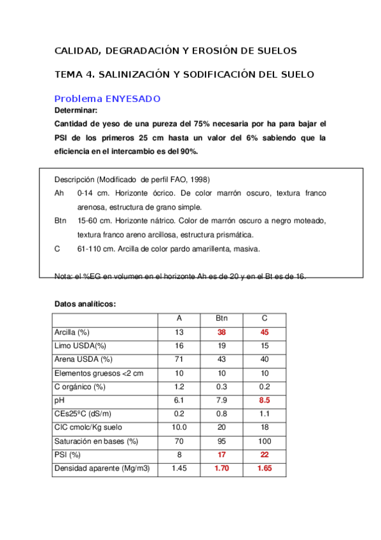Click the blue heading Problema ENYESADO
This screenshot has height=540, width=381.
pos(107,99)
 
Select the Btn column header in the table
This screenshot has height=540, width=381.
pos(222,318)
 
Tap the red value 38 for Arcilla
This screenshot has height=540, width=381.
pos(222,332)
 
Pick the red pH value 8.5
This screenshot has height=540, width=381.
pos(265,401)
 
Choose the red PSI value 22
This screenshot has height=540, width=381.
pos(265,455)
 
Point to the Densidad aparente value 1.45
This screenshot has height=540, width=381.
pos(179,469)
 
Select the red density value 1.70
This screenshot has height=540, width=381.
pos(222,469)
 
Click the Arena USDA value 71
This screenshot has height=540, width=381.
pos(179,360)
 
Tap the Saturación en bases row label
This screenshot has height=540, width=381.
pos(96,441)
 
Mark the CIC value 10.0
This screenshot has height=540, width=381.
pos(179,428)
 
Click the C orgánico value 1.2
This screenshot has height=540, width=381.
pos(179,387)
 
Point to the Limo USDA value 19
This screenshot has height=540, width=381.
pos(222,346)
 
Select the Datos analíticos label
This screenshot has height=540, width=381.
pos(85,304)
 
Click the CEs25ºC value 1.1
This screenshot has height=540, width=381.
pos(265,414)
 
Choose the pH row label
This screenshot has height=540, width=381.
pos(60,401)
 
